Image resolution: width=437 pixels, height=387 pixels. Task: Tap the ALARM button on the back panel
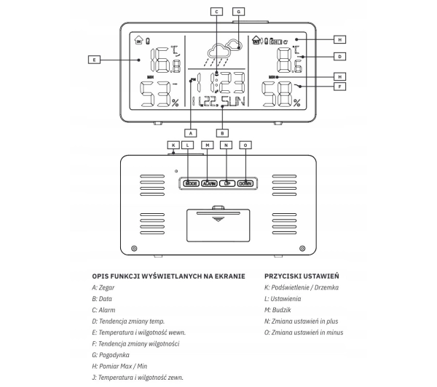(x=209, y=184)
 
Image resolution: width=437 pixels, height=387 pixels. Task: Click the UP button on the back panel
(x=227, y=184)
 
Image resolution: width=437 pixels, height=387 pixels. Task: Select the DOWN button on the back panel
(x=245, y=184)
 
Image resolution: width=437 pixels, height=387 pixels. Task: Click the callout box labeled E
(x=92, y=59)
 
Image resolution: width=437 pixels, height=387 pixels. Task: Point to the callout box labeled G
(x=238, y=12)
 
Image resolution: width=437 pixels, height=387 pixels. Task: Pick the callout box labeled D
(x=340, y=56)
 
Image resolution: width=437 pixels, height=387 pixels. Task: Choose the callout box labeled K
(x=173, y=145)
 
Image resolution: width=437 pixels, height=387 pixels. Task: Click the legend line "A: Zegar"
(x=106, y=288)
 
